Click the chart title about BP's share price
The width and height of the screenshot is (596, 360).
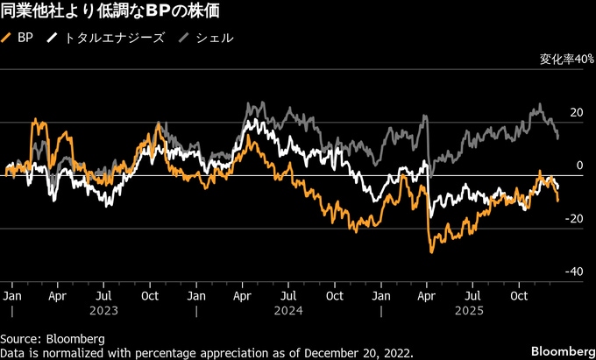tap(110, 11)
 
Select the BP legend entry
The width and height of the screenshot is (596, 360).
tap(24, 39)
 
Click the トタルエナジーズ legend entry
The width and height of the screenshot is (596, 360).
tap(113, 39)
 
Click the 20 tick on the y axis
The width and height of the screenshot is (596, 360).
tap(576, 113)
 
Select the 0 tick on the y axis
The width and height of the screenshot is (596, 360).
tap(579, 166)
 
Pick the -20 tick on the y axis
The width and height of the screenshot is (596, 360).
tap(574, 219)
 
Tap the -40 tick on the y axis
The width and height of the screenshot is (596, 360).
tap(574, 272)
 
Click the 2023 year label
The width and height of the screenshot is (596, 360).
tap(104, 310)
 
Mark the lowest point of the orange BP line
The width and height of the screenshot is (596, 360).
tap(432, 252)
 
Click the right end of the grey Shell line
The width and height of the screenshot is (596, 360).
tap(558, 138)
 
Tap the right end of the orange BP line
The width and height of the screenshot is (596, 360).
tap(558, 201)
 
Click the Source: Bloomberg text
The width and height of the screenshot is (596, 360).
tap(53, 338)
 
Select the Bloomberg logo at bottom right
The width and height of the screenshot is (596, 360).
tap(561, 350)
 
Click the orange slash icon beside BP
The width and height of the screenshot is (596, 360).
tap(8, 39)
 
